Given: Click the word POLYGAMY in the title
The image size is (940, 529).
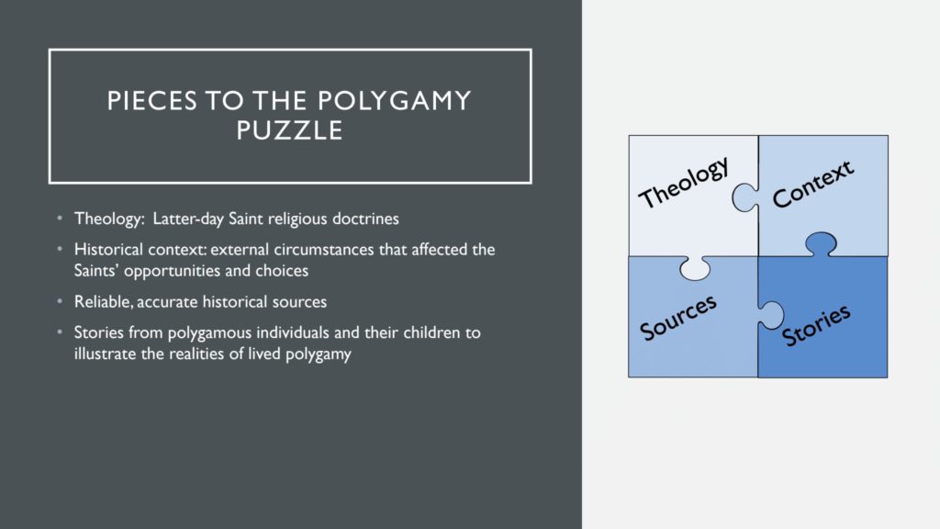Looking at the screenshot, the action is pyautogui.click(x=395, y=101).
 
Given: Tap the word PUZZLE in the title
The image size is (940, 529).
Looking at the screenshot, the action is pyautogui.click(x=289, y=130).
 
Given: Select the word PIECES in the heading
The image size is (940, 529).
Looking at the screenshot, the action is pyautogui.click(x=152, y=101).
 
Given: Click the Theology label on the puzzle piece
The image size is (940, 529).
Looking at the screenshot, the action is pyautogui.click(x=684, y=182).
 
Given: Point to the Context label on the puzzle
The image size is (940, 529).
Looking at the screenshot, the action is pyautogui.click(x=813, y=184).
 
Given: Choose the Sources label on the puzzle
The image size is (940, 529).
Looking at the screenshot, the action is pyautogui.click(x=678, y=318).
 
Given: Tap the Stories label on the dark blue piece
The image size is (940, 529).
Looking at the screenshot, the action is pyautogui.click(x=816, y=326).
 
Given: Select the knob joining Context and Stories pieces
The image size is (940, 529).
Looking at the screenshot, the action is pyautogui.click(x=821, y=244).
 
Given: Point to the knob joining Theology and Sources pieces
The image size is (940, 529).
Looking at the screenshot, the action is pyautogui.click(x=695, y=268).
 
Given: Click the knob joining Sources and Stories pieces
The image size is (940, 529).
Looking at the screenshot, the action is pyautogui.click(x=771, y=316).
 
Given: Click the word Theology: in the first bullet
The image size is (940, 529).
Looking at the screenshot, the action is pyautogui.click(x=110, y=219).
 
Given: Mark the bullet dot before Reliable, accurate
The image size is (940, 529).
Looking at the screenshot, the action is pyautogui.click(x=60, y=300).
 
